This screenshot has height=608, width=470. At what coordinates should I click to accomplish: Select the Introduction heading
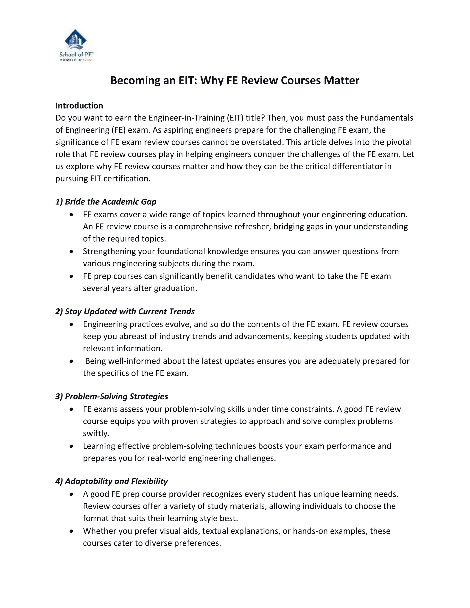pos(79,106)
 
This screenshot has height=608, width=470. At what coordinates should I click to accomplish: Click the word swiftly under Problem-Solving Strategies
pos(96,433)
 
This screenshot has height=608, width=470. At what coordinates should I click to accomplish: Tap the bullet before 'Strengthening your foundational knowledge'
pos(72,252)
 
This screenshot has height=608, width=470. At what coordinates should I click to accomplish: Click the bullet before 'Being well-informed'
pos(72,361)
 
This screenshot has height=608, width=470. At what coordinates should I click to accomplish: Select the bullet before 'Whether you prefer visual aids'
pos(72,531)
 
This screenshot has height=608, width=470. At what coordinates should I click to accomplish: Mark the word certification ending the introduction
pos(127,179)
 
